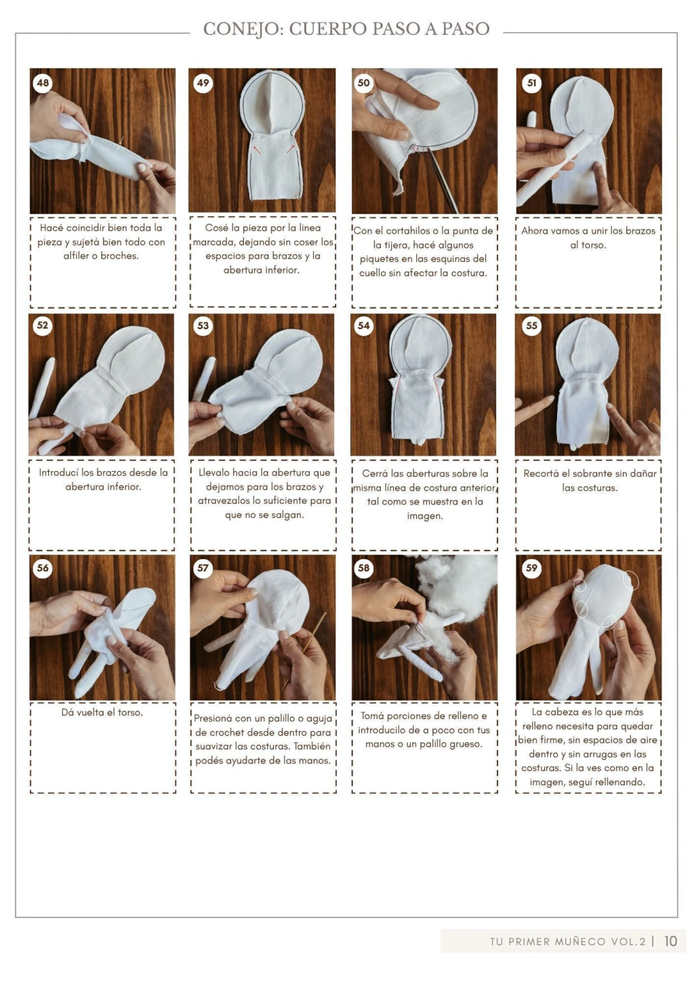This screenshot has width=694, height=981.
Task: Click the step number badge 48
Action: coord(43,83)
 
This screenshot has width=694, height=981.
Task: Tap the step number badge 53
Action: coord(203,326)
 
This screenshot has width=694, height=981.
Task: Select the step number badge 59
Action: coord(531,569)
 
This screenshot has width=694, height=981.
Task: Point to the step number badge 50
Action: coord(363,83)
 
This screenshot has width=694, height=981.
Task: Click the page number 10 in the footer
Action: coord(670,941)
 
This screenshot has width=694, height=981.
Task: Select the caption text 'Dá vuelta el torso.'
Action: coord(102,712)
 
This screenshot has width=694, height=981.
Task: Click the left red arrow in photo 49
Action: coord(258,150)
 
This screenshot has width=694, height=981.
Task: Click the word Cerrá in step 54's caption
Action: coord(374,473)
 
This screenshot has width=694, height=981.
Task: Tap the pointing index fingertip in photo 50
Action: coord(434,104)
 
